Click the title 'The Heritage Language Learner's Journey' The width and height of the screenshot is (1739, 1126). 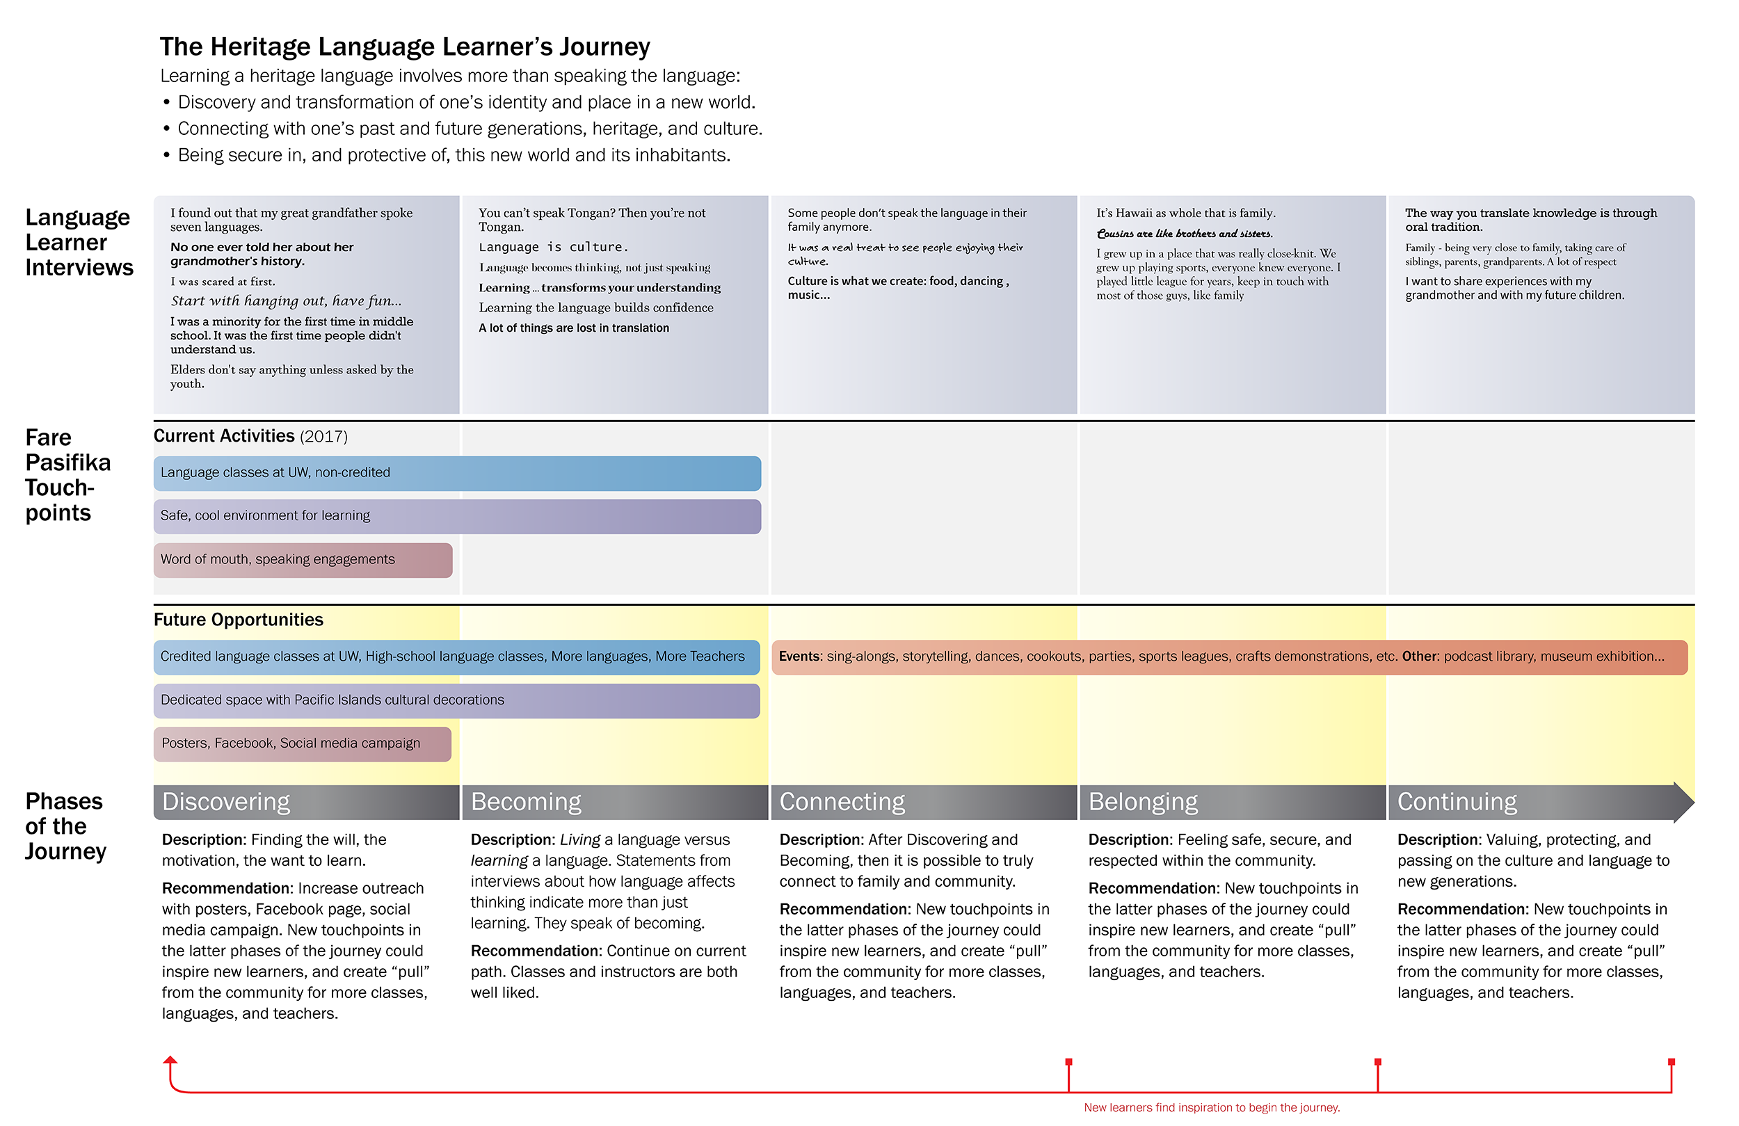(x=405, y=46)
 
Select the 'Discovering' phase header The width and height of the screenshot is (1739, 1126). (x=306, y=802)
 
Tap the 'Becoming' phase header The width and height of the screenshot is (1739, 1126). (x=615, y=802)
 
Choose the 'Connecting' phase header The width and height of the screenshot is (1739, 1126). (x=924, y=802)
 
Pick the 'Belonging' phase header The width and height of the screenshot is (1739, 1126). (x=1233, y=802)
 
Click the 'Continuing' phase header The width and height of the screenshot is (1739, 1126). (x=1541, y=802)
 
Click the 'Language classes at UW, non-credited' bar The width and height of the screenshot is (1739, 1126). (x=458, y=473)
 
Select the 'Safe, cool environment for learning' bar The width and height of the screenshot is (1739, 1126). (x=458, y=516)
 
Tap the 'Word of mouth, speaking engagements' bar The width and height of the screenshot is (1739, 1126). (x=303, y=560)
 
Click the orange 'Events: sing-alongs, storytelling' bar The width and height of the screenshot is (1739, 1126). (x=1230, y=657)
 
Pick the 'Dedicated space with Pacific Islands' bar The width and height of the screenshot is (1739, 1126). (x=457, y=700)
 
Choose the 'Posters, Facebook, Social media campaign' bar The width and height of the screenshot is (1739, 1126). (x=303, y=744)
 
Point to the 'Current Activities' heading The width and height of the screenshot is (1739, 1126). (x=250, y=436)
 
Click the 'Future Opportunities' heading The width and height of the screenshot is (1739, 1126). (x=238, y=620)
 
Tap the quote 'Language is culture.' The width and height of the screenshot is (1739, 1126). (x=554, y=247)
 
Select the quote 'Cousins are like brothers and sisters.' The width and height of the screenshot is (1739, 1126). (x=1185, y=234)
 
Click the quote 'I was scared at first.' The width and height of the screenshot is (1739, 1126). (x=223, y=281)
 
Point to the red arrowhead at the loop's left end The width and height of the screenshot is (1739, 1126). (x=170, y=1060)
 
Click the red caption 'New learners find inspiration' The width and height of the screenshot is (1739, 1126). (x=1212, y=1108)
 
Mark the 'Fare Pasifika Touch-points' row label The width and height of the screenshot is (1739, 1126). (x=68, y=475)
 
